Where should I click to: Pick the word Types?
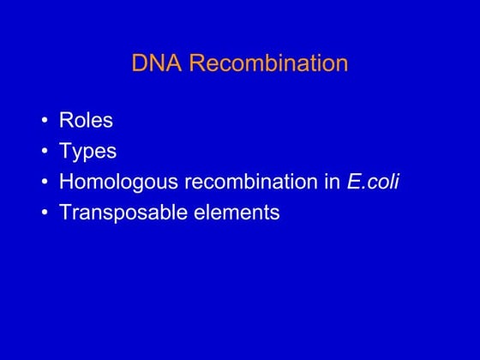[x=87, y=153]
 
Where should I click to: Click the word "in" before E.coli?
[x=333, y=183]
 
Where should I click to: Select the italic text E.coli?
[x=374, y=183]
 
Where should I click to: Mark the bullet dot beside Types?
[x=44, y=153]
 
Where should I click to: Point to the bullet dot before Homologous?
[x=44, y=183]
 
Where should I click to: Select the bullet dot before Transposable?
[x=44, y=213]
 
